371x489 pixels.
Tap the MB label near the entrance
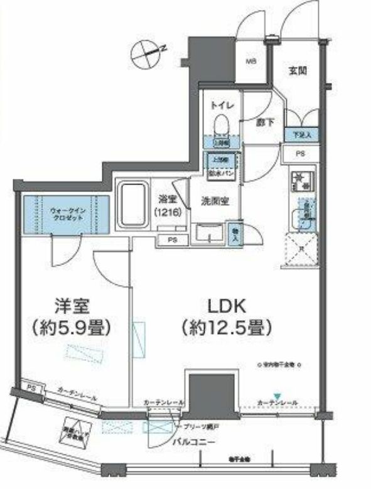(x=250, y=62)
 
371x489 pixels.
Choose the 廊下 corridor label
(x=255, y=124)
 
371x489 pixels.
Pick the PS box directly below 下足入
(x=301, y=153)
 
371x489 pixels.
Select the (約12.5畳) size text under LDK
(x=224, y=327)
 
